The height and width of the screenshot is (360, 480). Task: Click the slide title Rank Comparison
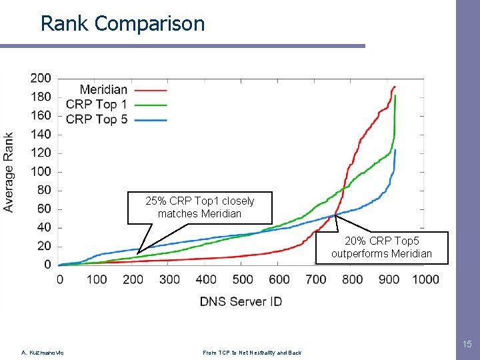(x=123, y=24)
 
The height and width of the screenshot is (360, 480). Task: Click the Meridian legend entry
(x=103, y=89)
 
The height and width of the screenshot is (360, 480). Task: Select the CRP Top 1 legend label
(x=96, y=104)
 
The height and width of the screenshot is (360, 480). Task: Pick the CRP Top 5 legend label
(x=96, y=119)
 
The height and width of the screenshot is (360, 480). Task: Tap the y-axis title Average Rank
(x=9, y=172)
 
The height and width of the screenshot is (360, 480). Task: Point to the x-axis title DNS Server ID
(x=241, y=301)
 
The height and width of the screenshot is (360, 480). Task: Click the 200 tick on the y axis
(x=41, y=78)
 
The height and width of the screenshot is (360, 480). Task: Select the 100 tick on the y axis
(x=41, y=171)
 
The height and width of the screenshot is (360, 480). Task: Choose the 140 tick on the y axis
(x=41, y=134)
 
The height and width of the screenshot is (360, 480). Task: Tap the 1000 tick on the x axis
(x=425, y=279)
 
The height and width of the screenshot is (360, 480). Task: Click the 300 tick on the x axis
(x=169, y=279)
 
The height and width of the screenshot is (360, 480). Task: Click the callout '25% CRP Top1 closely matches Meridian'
(x=199, y=207)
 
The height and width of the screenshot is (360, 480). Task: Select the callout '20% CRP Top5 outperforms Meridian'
(x=381, y=247)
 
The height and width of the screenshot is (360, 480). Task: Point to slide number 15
(x=467, y=344)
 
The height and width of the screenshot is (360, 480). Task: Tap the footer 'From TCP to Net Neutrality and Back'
(x=251, y=353)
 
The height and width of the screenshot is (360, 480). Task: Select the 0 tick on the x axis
(x=59, y=279)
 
